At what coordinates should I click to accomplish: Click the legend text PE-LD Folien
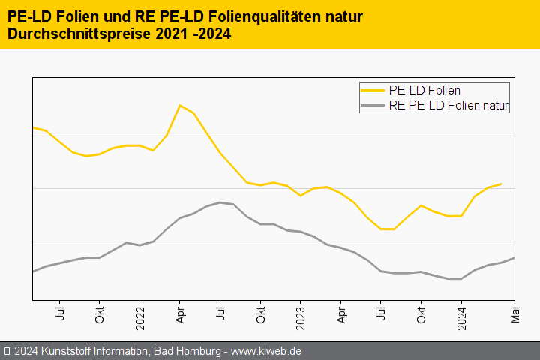pyautogui.click(x=424, y=91)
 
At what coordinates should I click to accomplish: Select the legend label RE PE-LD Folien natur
pyautogui.click(x=449, y=106)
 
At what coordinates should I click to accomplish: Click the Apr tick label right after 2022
pyautogui.click(x=180, y=312)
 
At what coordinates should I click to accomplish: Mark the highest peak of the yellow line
pyautogui.click(x=179, y=105)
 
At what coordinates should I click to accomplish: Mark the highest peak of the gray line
pyautogui.click(x=220, y=202)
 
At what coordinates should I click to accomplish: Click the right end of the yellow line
pyautogui.click(x=501, y=183)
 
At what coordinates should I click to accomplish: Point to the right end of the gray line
pyautogui.click(x=514, y=257)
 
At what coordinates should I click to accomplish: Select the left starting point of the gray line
pyautogui.click(x=33, y=271)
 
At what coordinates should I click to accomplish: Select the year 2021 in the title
pyautogui.click(x=169, y=34)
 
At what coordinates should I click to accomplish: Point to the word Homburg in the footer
pyautogui.click(x=197, y=350)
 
